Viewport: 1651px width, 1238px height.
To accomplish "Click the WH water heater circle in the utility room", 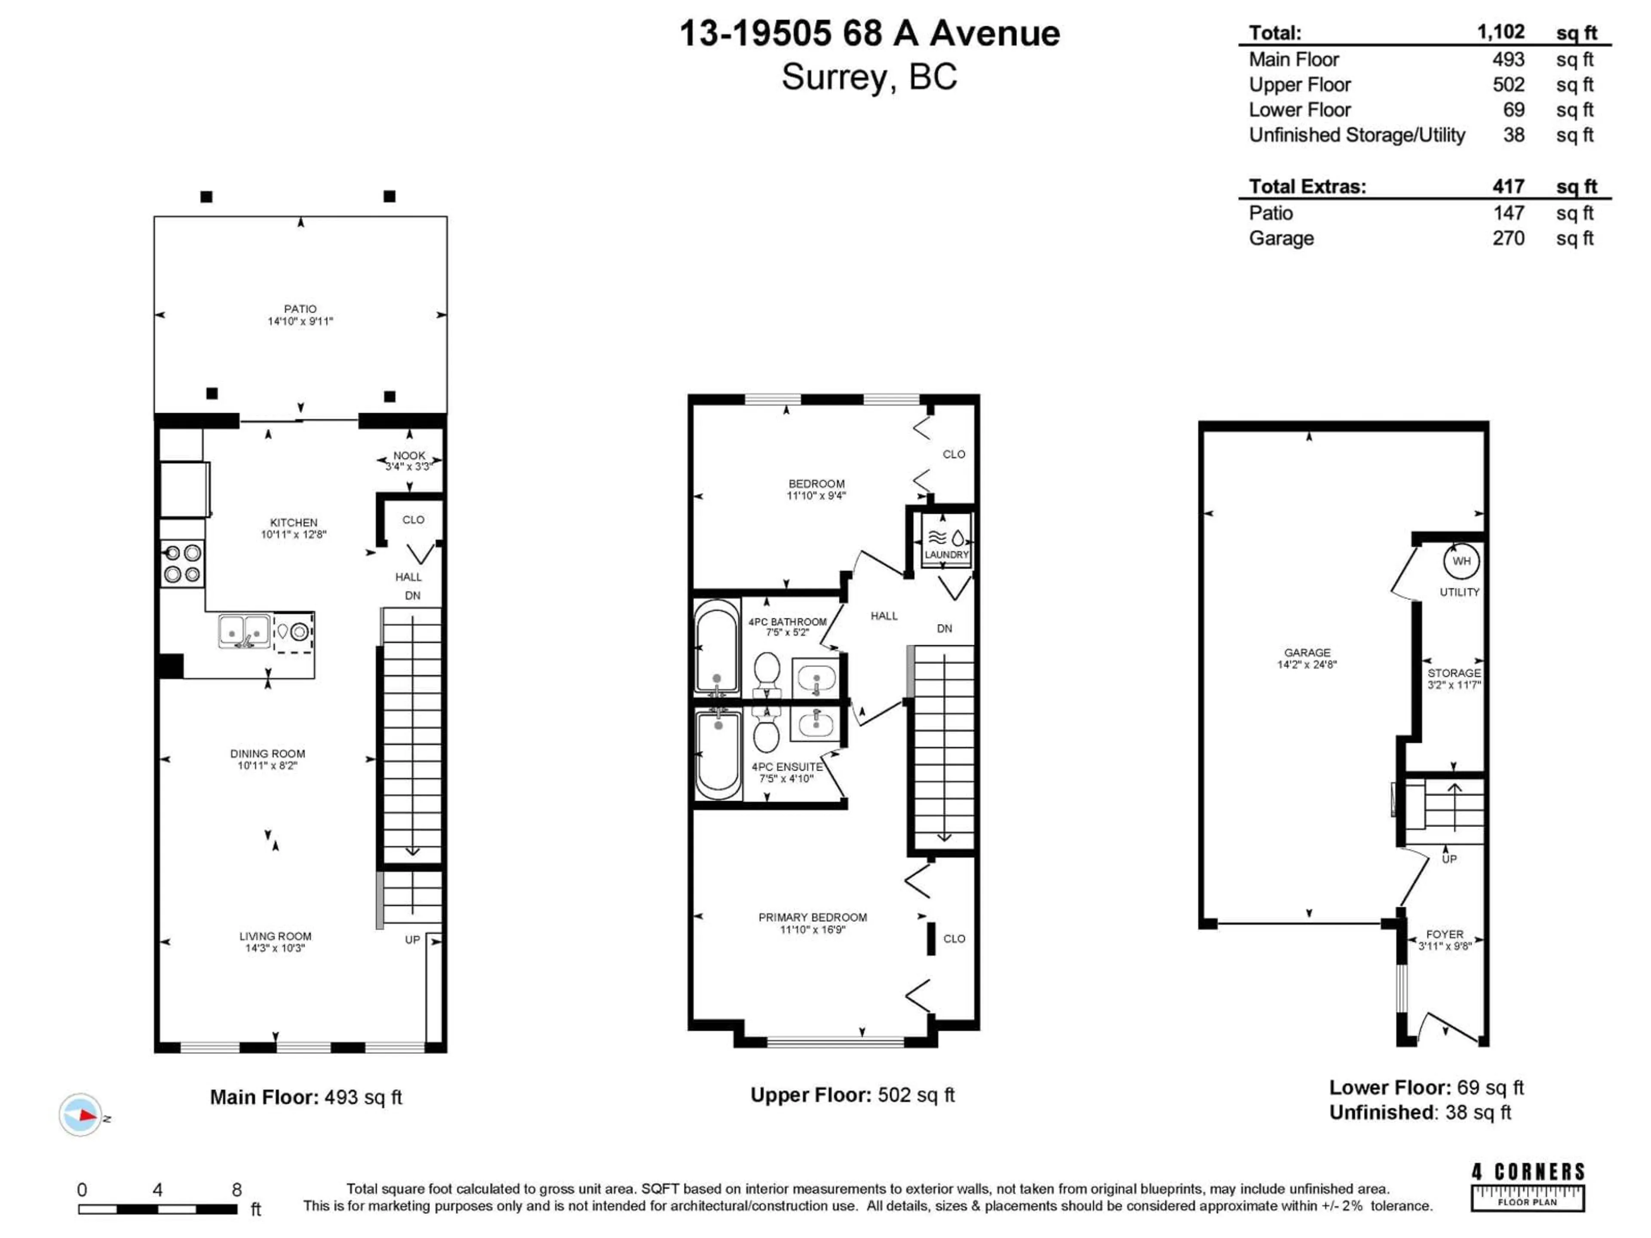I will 1461,561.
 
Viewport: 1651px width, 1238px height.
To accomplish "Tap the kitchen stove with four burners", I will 182,564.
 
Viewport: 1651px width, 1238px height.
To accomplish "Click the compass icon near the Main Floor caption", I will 80,1115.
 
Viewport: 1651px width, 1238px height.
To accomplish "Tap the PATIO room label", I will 300,309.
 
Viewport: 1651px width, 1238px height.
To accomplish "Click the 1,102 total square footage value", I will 1500,32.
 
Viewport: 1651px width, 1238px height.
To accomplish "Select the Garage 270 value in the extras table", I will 1508,238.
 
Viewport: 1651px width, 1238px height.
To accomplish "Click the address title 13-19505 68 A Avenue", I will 869,34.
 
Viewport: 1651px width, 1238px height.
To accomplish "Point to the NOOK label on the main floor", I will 409,455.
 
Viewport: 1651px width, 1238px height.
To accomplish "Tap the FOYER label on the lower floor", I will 1444,934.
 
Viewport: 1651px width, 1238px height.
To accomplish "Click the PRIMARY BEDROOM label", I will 812,917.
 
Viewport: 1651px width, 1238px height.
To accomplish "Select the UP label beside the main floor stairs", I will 412,940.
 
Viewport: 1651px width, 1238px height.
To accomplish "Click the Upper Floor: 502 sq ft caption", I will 852,1095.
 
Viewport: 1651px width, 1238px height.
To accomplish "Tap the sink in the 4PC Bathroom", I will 816,677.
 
